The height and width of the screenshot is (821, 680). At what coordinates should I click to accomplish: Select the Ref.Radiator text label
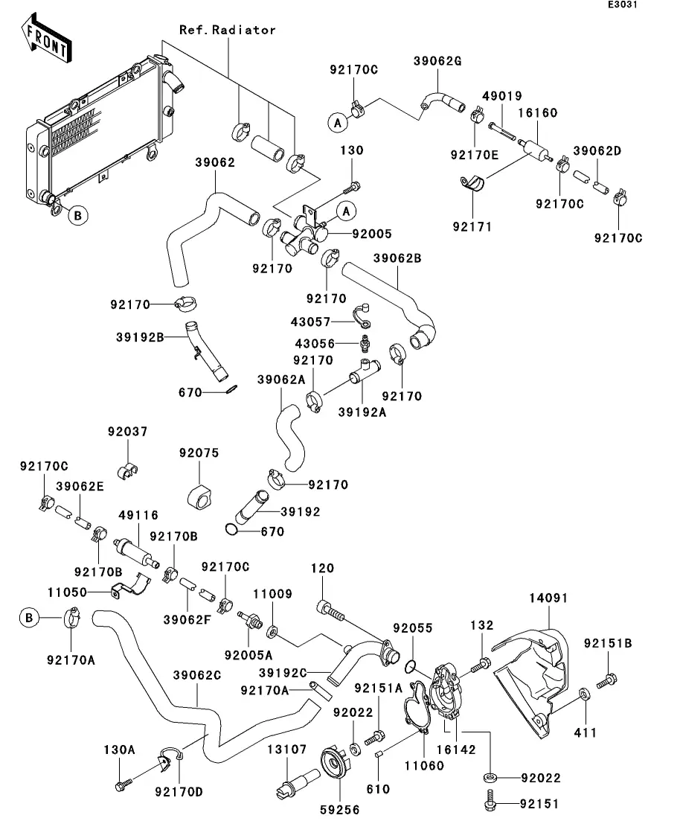click(x=227, y=31)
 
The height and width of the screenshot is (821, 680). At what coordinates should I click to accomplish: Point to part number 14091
click(x=548, y=597)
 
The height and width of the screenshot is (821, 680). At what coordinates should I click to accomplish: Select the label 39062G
click(x=437, y=61)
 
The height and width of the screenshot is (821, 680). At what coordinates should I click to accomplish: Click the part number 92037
click(x=127, y=432)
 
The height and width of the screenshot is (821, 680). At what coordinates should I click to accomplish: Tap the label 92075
click(x=199, y=453)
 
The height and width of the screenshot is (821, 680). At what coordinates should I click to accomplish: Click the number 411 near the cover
click(x=585, y=733)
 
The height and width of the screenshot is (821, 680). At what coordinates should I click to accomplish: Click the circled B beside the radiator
click(x=78, y=216)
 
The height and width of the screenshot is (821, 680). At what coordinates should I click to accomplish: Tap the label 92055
click(x=413, y=628)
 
